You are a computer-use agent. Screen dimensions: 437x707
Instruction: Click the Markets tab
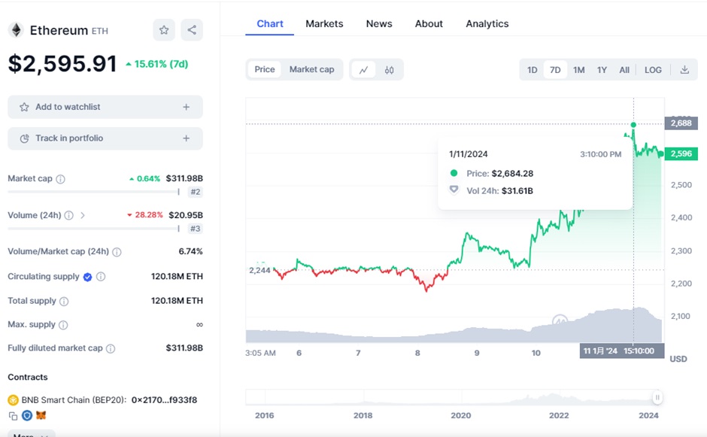[x=324, y=24]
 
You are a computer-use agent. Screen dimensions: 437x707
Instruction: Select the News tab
[x=379, y=24]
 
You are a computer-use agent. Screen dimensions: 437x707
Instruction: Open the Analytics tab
[x=487, y=24]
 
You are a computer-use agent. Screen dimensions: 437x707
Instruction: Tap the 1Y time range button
[x=602, y=70]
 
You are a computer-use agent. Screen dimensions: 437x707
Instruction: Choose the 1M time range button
[x=578, y=70]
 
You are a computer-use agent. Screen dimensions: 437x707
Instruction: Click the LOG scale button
[x=653, y=70]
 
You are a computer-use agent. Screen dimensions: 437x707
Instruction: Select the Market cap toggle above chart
[x=311, y=69]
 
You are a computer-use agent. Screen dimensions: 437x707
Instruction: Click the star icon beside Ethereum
[x=164, y=30]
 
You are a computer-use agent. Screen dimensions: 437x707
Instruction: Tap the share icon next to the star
[x=192, y=30]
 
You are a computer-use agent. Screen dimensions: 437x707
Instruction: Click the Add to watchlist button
[x=105, y=107]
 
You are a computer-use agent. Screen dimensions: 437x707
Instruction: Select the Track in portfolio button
[x=105, y=138]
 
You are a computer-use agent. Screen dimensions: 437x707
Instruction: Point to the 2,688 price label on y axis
[x=681, y=123]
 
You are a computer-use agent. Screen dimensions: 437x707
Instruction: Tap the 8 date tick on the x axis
[x=417, y=353]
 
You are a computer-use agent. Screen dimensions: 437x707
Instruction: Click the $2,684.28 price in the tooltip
[x=512, y=174]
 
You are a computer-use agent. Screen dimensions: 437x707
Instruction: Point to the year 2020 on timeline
[x=460, y=415]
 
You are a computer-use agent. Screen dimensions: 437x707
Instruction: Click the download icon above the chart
[x=684, y=70]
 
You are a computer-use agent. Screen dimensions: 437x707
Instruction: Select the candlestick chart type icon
[x=389, y=70]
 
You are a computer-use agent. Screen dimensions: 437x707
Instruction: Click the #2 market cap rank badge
[x=195, y=193]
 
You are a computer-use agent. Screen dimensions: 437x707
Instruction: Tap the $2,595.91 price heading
[x=62, y=64]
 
